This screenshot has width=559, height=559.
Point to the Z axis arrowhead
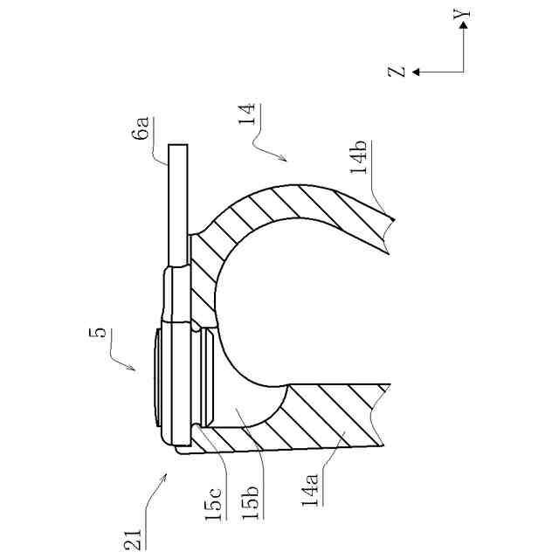(417, 72)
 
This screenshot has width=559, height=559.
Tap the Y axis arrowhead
(465, 26)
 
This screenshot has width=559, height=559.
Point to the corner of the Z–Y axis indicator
(465, 72)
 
